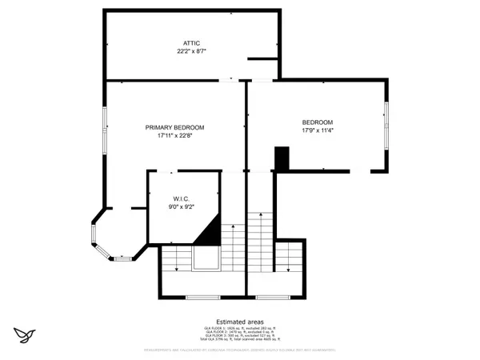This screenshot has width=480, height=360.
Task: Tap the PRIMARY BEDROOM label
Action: click(x=174, y=127)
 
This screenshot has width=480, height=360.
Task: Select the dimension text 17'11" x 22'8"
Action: click(x=174, y=136)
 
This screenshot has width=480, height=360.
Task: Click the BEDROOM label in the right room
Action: click(x=318, y=122)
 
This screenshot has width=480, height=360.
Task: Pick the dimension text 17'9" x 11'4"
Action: click(x=318, y=130)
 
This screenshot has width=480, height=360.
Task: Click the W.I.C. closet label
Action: click(x=181, y=198)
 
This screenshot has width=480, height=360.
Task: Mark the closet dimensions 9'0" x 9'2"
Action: click(x=181, y=207)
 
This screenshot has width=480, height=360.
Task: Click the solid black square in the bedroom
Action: click(x=282, y=158)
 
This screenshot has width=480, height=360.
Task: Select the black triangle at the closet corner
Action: click(x=210, y=233)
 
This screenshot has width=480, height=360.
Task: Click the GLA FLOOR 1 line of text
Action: click(x=239, y=328)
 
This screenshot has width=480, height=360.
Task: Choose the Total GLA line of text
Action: click(x=239, y=340)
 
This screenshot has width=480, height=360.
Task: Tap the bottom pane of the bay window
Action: click(x=122, y=258)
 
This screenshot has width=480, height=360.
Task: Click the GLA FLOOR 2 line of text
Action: click(x=239, y=332)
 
